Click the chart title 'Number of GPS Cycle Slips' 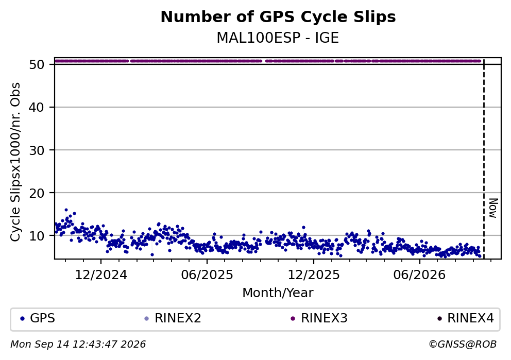coord(278,17)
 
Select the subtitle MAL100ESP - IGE coord(278,38)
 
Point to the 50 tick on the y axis coord(37,64)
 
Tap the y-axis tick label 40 coord(37,107)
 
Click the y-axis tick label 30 coord(37,150)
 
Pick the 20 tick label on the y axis coord(37,193)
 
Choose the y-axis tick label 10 coord(37,235)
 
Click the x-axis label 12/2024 coord(101,275)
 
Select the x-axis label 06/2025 coord(207,275)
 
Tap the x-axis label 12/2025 coord(314,275)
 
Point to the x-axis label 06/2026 coord(419,275)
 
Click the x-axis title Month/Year coord(278,293)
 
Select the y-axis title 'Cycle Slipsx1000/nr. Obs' coord(15,162)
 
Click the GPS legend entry coord(38,318)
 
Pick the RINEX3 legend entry coord(319,318)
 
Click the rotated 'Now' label coord(493,208)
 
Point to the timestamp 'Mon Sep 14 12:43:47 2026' coord(78,345)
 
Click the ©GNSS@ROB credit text coord(463,345)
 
